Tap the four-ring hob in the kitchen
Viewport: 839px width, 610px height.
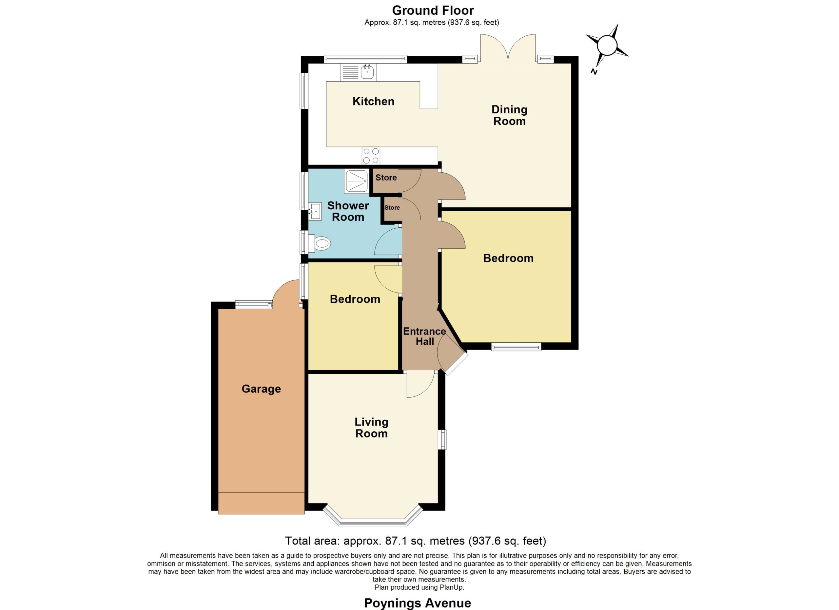click(x=371, y=156)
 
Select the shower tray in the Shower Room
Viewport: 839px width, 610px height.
click(x=356, y=181)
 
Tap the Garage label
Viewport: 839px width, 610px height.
click(x=261, y=389)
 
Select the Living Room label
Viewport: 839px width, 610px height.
click(x=371, y=428)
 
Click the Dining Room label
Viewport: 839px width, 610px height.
click(x=509, y=115)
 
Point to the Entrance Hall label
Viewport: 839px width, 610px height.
click(x=425, y=336)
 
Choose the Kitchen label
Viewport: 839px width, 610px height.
click(x=373, y=101)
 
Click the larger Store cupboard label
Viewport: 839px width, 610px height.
click(x=386, y=178)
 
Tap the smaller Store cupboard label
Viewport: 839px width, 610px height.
click(x=392, y=208)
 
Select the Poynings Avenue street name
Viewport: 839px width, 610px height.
click(x=418, y=603)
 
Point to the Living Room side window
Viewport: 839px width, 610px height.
click(x=442, y=439)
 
